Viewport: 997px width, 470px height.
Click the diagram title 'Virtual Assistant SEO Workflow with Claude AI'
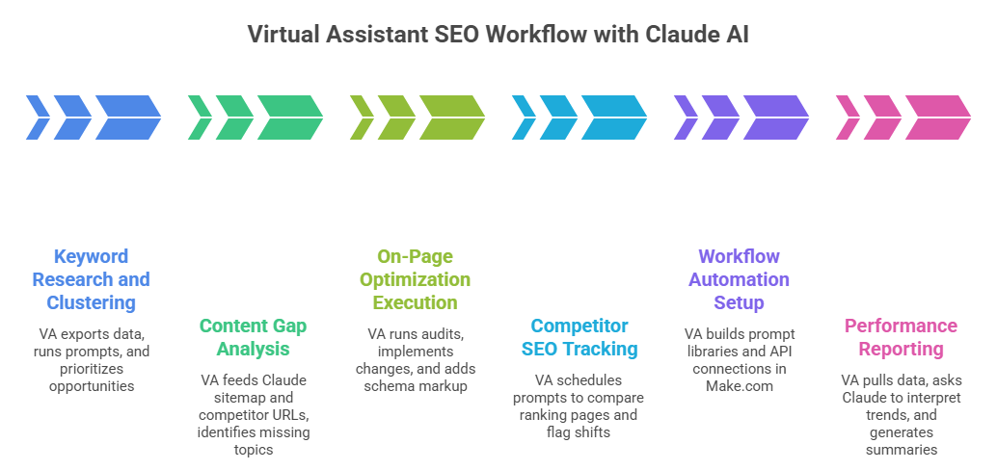pos(498,35)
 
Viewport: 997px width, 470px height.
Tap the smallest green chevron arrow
pos(200,117)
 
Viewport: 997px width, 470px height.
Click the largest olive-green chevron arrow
pos(451,117)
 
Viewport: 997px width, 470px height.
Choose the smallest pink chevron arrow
pos(848,117)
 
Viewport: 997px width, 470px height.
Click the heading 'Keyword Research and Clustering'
pos(92,279)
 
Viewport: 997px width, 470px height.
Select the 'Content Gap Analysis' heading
pos(254,337)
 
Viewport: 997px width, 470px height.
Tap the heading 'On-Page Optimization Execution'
pos(416,279)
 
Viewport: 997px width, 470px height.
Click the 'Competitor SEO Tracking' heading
pos(579,337)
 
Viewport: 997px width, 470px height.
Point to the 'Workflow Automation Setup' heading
pos(740,279)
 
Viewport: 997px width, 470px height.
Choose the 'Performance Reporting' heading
pos(902,337)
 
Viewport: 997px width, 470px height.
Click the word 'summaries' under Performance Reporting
pos(902,450)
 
